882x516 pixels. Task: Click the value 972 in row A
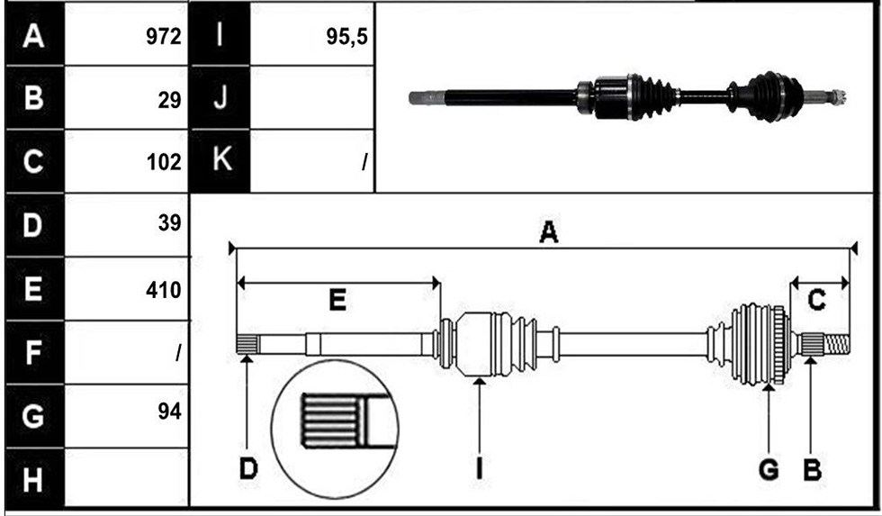164,37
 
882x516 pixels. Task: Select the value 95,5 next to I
347,37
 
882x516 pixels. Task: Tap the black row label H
32,480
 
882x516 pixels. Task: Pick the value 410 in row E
163,290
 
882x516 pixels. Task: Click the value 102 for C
164,162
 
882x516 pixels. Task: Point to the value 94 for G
170,412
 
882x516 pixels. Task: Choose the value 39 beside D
170,223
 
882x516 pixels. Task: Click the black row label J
220,96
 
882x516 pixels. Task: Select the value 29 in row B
170,100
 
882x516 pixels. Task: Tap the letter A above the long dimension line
548,231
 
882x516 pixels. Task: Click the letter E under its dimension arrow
337,301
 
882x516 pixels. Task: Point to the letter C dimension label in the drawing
816,301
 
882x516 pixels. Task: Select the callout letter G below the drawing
769,469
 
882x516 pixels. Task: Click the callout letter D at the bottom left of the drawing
248,468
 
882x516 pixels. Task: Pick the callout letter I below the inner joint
479,468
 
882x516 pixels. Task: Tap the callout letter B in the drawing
812,469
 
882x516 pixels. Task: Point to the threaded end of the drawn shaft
837,344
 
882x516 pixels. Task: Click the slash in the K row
365,163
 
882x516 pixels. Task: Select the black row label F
32,353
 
